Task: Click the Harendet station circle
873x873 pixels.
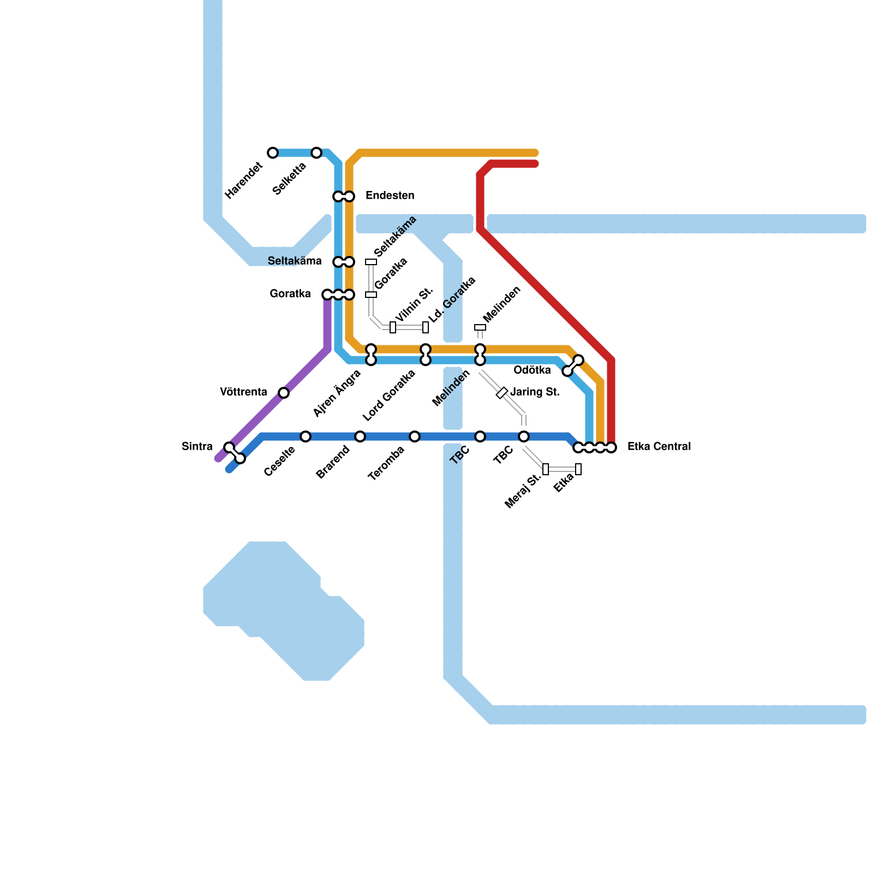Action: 273,153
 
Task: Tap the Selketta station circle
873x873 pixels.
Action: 316,153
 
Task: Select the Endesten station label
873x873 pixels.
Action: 390,195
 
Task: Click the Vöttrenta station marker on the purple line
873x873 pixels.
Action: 284,393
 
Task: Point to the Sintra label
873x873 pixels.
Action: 197,447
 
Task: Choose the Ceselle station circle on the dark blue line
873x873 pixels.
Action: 306,436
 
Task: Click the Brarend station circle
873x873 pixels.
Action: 360,436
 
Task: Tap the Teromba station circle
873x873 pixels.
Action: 415,436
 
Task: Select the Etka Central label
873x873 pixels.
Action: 659,447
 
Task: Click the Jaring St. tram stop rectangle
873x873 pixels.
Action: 502,393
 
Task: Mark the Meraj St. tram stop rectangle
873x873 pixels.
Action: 546,469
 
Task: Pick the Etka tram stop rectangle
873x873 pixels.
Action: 578,469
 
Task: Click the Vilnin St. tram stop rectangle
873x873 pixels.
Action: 393,327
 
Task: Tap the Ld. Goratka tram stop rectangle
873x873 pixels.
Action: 426,327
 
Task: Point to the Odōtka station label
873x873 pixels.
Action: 532,370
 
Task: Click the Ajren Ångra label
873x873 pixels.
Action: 337,393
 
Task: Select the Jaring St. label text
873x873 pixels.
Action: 535,392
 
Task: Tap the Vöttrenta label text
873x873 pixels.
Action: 243,392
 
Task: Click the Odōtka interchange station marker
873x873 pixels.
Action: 573,366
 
